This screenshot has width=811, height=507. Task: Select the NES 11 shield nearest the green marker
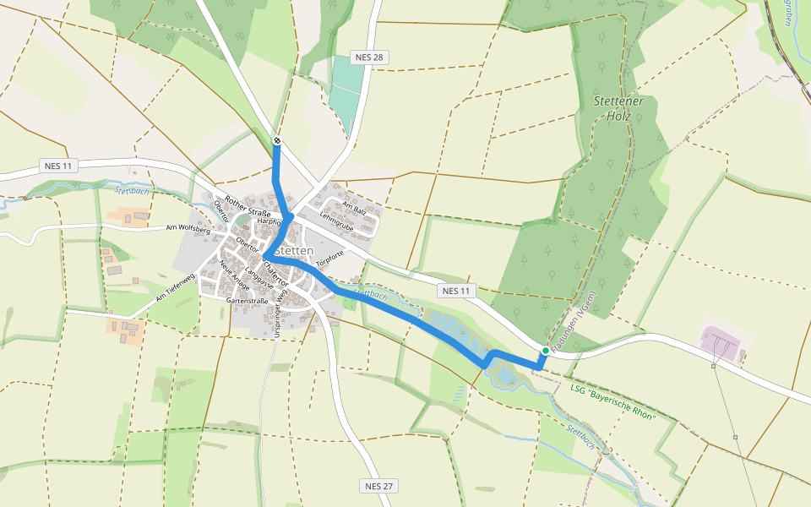pos(454,291)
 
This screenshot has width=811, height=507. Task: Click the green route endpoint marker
pos(546,351)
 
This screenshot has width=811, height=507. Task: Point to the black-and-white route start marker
pos(276,140)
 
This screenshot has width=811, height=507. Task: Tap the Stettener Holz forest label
pos(618,108)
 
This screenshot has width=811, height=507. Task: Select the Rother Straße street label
pos(246,206)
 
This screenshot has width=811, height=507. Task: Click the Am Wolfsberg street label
pos(188,228)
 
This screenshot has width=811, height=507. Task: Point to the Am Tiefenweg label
pos(175,287)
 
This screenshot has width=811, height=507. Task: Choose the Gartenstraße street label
pos(248,301)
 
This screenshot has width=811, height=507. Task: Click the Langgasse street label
pos(253,279)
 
